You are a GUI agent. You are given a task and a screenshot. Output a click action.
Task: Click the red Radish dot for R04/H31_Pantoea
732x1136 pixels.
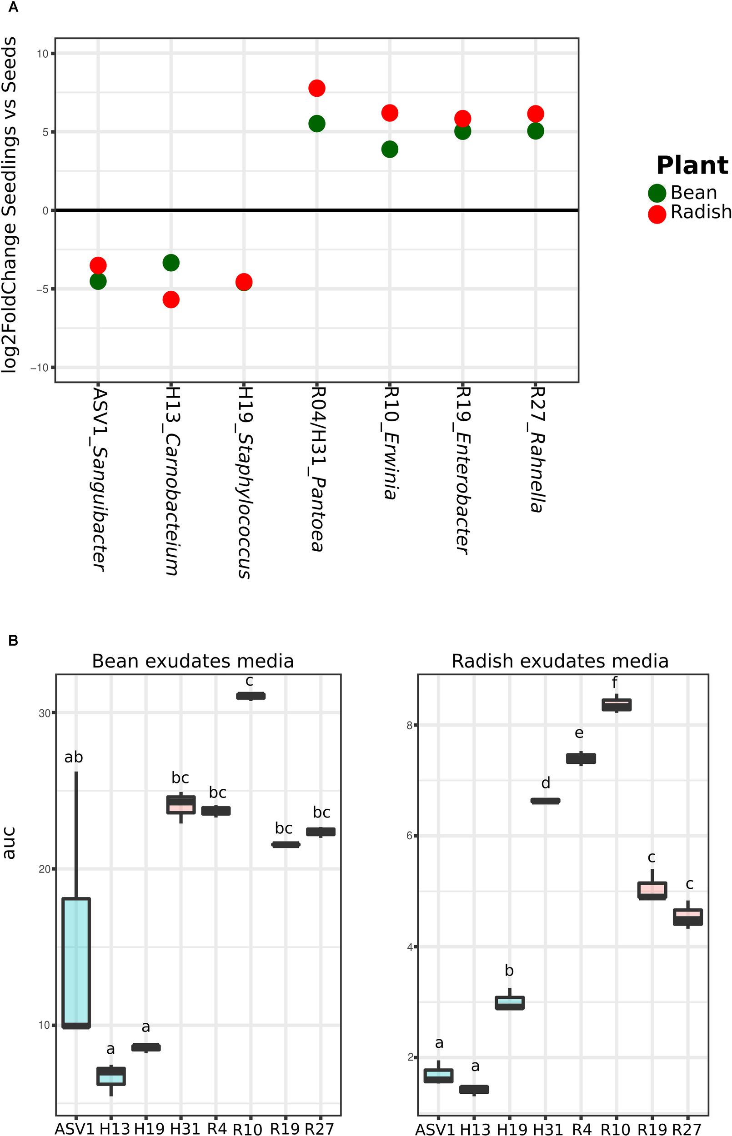316,88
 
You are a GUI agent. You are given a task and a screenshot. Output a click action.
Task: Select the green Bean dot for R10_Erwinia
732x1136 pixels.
389,149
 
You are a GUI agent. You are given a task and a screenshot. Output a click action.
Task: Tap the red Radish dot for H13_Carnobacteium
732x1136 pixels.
171,299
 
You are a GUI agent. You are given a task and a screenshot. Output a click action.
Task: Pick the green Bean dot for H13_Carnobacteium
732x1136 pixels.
171,263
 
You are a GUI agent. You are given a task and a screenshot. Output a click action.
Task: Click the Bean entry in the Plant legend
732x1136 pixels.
682,193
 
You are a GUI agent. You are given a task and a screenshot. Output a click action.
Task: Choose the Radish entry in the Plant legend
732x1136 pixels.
689,212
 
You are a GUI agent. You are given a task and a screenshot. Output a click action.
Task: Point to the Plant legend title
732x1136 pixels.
692,166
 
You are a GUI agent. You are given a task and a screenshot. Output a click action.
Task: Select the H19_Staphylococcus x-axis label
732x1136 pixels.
244,482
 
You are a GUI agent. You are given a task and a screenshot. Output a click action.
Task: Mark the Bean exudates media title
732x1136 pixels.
192,661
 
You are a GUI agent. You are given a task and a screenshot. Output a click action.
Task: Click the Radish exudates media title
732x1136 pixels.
560,661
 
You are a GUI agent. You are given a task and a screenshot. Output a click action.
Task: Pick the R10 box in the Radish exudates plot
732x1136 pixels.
617,705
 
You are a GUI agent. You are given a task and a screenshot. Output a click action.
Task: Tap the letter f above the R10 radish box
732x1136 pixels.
615,683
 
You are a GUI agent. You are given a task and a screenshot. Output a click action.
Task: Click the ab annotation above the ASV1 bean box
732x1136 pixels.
74,757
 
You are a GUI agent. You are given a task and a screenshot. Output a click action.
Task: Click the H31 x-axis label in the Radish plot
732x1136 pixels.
547,1129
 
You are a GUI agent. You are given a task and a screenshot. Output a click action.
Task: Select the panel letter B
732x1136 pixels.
13,641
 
